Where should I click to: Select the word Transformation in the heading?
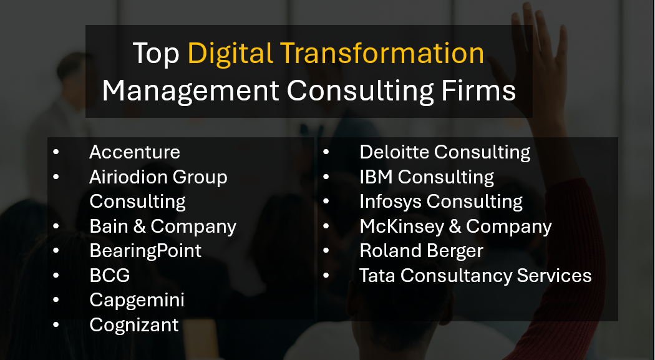click(382, 54)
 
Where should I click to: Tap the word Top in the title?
click(156, 54)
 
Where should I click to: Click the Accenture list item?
click(135, 152)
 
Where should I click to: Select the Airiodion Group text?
click(158, 177)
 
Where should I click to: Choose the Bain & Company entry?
click(163, 226)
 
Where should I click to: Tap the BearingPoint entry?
click(145, 251)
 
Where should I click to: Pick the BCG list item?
click(110, 275)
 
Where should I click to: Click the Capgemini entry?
click(137, 300)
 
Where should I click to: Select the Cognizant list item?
click(134, 324)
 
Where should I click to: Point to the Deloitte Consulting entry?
click(445, 152)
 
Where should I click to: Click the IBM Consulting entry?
click(427, 177)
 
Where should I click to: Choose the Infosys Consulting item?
click(441, 202)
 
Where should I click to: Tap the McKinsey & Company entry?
click(455, 226)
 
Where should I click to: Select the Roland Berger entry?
click(421, 251)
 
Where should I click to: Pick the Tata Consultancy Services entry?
click(475, 275)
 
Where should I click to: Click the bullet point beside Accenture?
click(57, 152)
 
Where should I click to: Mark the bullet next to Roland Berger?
click(327, 251)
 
